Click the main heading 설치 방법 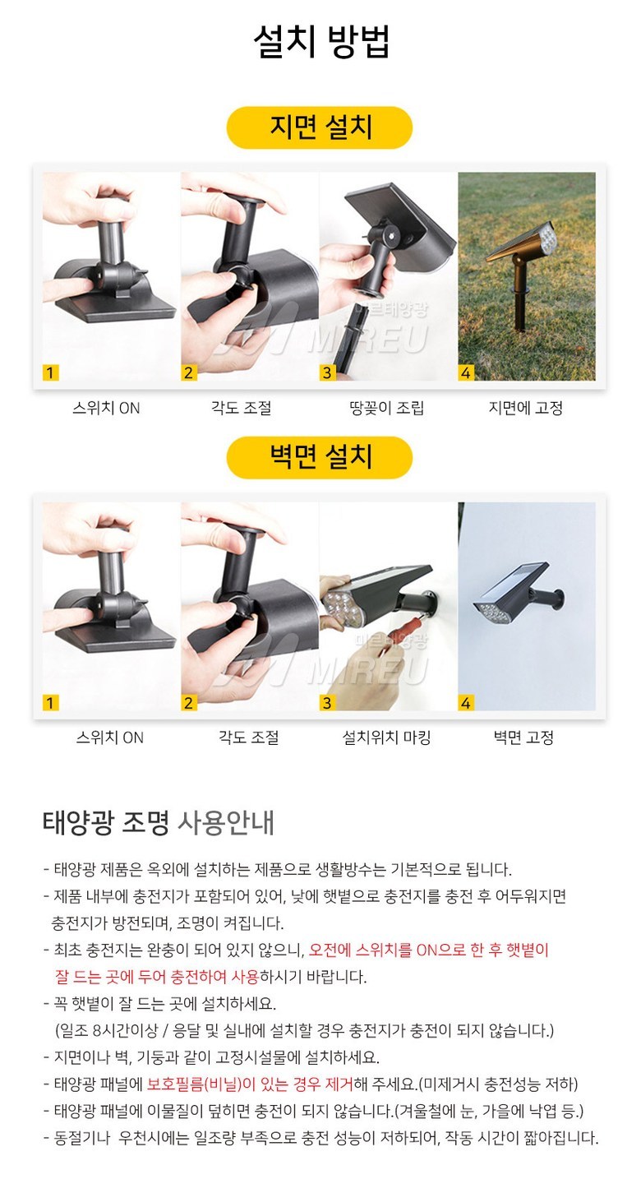tap(321, 41)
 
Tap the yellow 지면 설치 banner tap(320, 127)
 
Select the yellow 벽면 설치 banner tap(320, 457)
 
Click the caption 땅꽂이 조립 tap(386, 408)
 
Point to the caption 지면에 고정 tap(526, 408)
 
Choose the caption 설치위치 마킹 tap(386, 738)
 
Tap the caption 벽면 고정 tap(523, 738)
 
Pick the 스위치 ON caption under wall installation tap(109, 738)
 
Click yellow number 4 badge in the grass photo tap(466, 372)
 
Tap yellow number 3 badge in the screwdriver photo tap(327, 702)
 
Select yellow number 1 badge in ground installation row tap(50, 372)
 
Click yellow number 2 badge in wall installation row tap(188, 702)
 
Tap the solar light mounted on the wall tap(519, 591)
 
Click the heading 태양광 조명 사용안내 tap(158, 823)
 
